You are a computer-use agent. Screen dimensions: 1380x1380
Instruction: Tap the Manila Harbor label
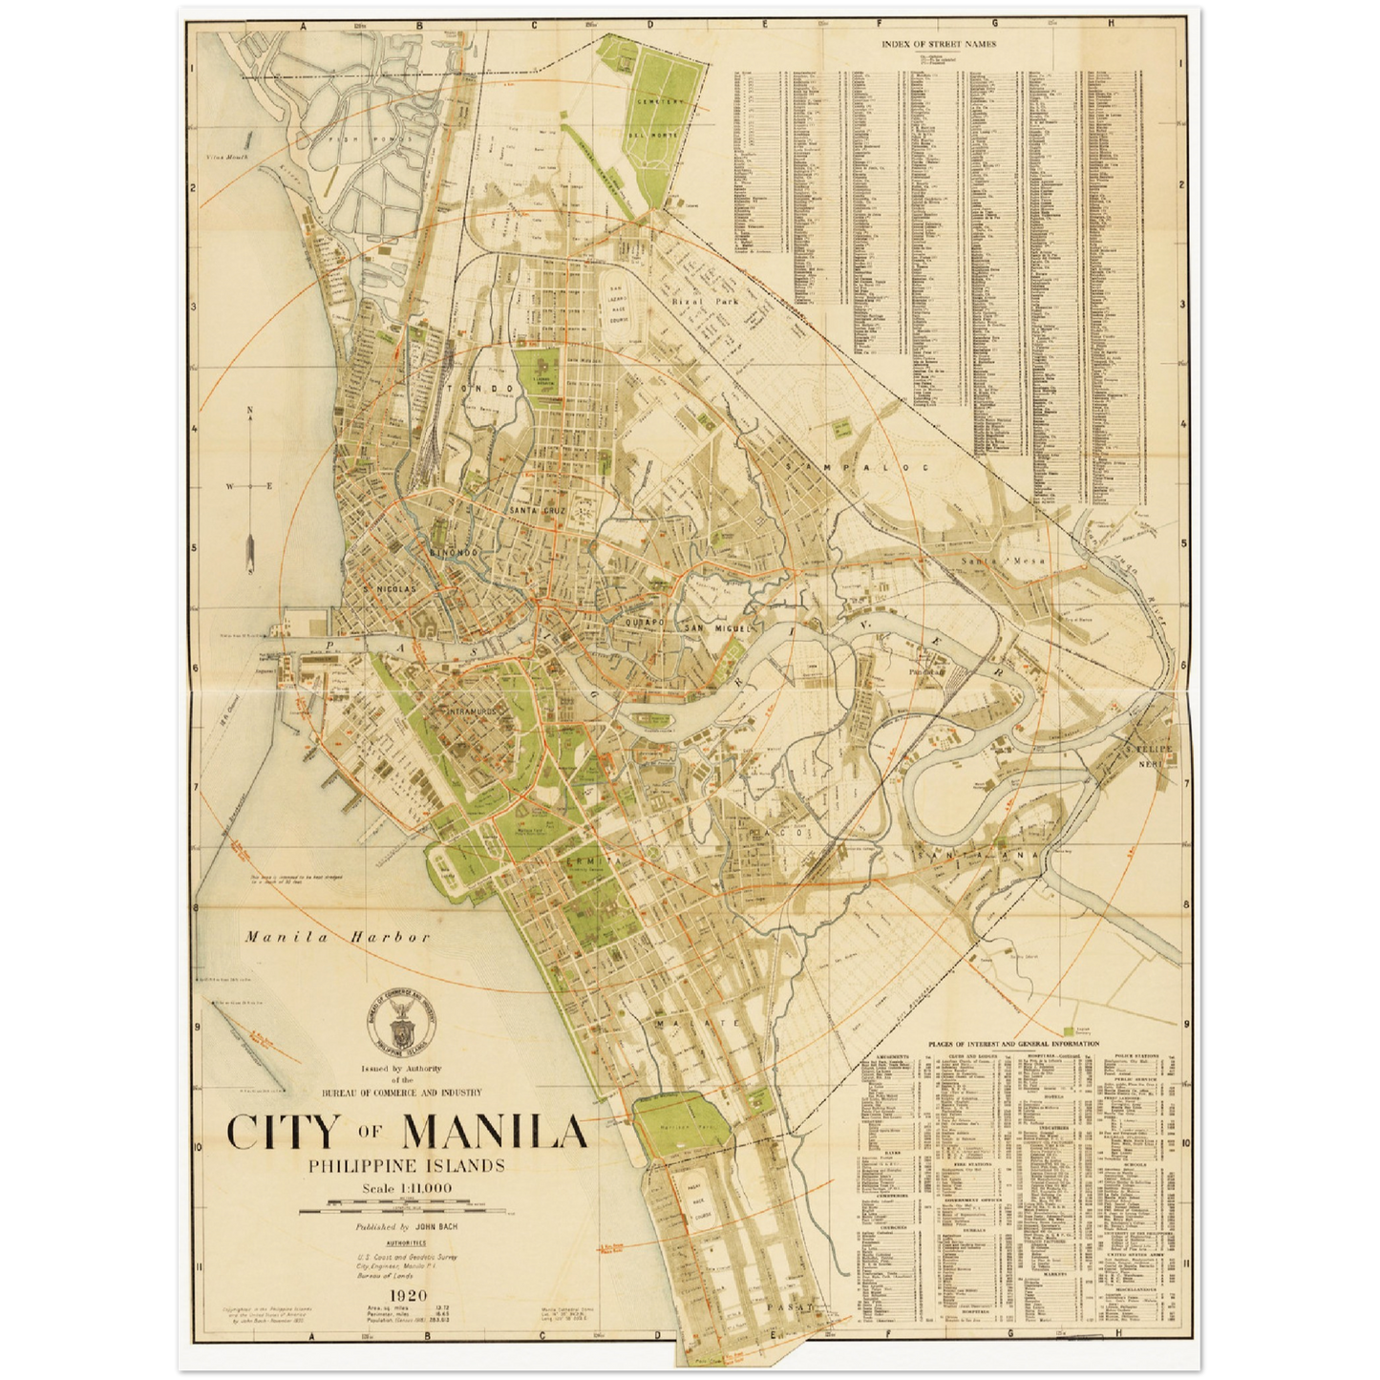click(x=337, y=937)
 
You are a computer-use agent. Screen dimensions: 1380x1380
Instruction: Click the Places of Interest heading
click(x=1012, y=1045)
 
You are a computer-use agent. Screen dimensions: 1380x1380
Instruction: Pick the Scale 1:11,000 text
click(x=406, y=1188)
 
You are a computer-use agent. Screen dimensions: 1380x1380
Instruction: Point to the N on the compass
click(x=250, y=412)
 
